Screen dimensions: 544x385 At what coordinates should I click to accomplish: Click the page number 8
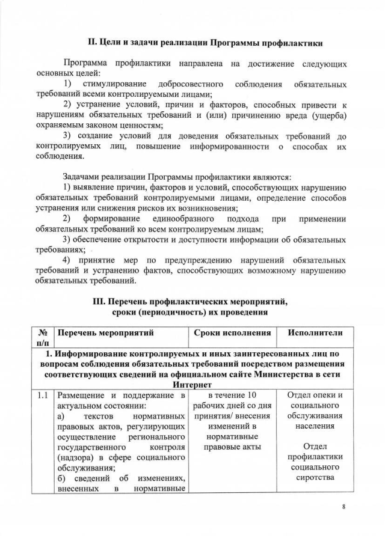(343, 507)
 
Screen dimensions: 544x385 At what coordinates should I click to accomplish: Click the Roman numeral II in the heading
(93, 42)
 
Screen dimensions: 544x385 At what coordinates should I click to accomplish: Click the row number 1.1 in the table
(43, 396)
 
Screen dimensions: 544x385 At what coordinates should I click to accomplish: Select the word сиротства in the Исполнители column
(315, 478)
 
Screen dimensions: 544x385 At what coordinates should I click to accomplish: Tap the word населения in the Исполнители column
(315, 426)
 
